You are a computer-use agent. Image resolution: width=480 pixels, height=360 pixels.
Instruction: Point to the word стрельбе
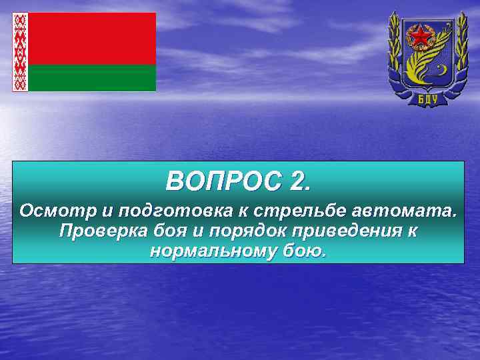290,211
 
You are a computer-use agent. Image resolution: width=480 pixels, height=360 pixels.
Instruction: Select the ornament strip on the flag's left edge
20,52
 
